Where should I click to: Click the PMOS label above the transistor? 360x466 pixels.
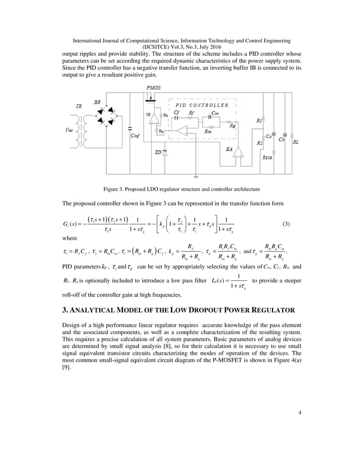point(152,89)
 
